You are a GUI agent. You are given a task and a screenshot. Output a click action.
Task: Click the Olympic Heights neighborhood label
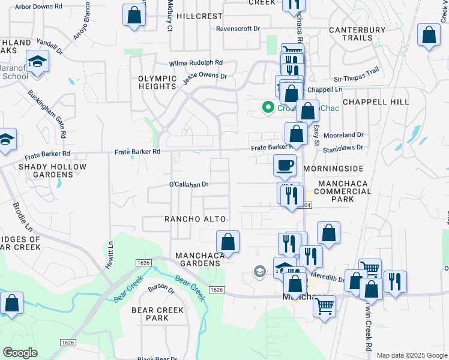click(157, 83)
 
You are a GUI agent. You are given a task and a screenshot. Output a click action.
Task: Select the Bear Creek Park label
click(158, 314)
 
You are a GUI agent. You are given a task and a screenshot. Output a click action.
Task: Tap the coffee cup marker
click(285, 164)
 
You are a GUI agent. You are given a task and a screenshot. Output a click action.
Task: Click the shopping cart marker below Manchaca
click(324, 307)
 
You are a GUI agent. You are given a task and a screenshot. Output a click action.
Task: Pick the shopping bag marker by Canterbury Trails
click(429, 35)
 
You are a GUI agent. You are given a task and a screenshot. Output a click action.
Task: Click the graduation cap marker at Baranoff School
click(38, 62)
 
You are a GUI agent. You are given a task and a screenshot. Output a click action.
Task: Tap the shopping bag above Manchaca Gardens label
click(228, 242)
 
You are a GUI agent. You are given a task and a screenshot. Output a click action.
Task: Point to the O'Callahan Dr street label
click(188, 184)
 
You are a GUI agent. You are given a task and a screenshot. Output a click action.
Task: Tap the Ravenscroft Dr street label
click(238, 28)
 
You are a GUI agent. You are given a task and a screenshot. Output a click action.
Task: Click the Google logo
click(20, 353)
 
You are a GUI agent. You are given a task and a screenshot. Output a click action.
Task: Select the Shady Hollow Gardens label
click(46, 170)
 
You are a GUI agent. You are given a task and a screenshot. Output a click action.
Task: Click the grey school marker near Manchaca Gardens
click(259, 272)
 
